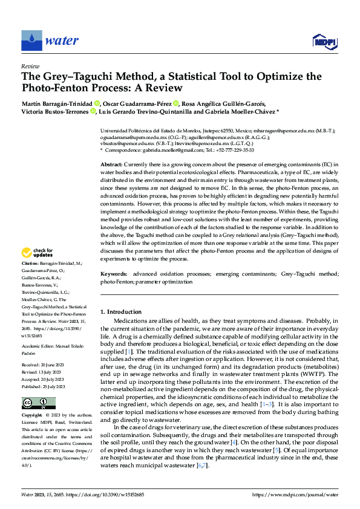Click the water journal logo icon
click(31, 41)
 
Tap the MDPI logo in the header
click(324, 41)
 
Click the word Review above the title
click(30, 66)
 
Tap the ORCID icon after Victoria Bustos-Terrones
click(93, 112)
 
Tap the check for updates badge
click(37, 253)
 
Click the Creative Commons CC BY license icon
click(34, 403)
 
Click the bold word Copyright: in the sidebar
click(32, 417)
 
